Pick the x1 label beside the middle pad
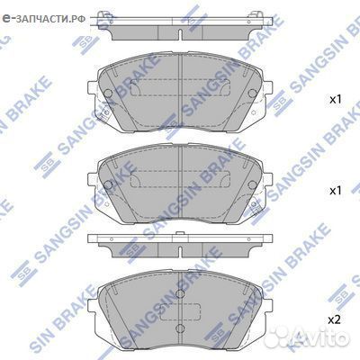[335, 192]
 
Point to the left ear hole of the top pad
[108, 93]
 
